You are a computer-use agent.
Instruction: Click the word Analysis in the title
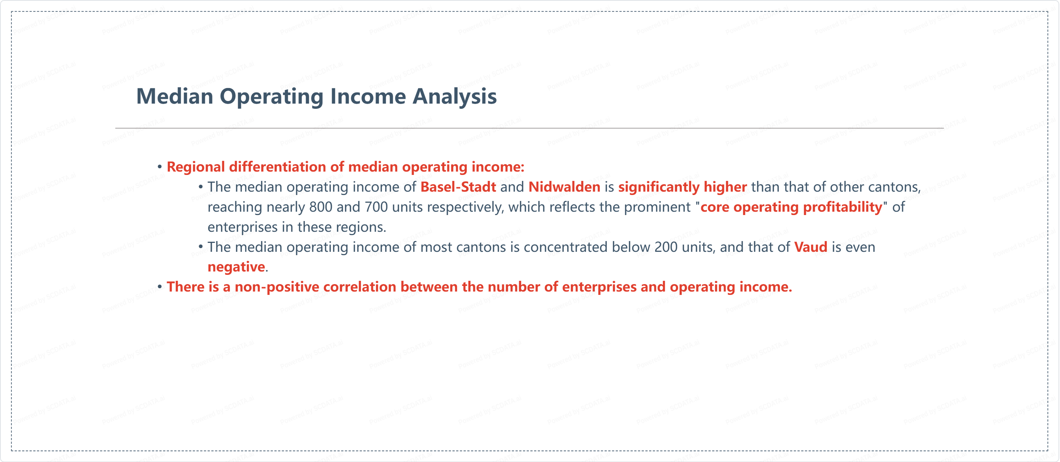pyautogui.click(x=455, y=97)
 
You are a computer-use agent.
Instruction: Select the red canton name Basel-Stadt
pyautogui.click(x=458, y=187)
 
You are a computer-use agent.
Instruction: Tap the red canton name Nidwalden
pyautogui.click(x=564, y=187)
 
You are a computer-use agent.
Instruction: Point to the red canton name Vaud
pyautogui.click(x=811, y=247)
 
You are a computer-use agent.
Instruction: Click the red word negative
pyautogui.click(x=236, y=267)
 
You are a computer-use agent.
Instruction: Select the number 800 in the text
pyautogui.click(x=321, y=207)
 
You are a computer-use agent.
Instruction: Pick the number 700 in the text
pyautogui.click(x=376, y=207)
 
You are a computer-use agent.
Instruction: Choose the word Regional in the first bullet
pyautogui.click(x=196, y=167)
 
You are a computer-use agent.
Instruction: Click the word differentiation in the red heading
pyautogui.click(x=278, y=167)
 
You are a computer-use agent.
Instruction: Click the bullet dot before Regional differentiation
pyautogui.click(x=160, y=167)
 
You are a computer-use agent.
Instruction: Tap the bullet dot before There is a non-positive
pyautogui.click(x=160, y=287)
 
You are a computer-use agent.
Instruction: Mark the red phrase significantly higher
pyautogui.click(x=682, y=187)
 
